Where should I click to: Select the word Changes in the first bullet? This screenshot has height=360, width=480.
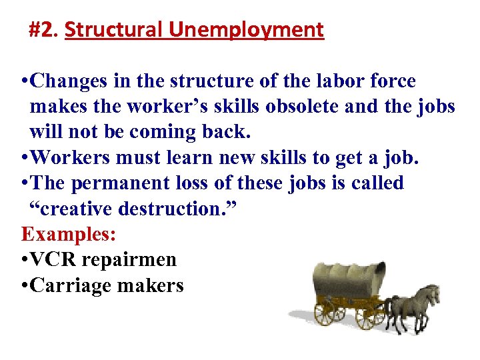click(x=68, y=81)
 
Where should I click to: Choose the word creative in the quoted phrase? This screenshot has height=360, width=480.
click(x=73, y=209)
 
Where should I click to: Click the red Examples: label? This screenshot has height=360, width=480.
click(x=59, y=234)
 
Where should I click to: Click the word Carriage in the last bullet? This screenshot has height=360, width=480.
click(x=70, y=285)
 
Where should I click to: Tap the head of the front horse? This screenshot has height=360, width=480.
click(x=434, y=294)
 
